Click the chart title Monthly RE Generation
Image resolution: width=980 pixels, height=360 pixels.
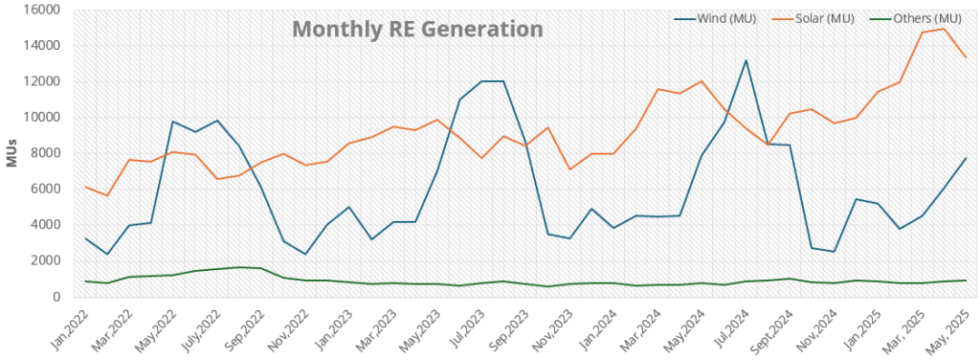pos(417,30)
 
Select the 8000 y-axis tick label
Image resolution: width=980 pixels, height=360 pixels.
pos(47,153)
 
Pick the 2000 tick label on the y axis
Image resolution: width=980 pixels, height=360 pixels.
pos(47,260)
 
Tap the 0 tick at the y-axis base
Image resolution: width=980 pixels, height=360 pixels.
pos(58,297)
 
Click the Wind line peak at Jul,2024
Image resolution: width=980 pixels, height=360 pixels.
pos(746,60)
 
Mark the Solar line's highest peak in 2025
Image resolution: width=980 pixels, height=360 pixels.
pos(945,29)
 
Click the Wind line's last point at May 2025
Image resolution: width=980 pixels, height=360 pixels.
pos(967,158)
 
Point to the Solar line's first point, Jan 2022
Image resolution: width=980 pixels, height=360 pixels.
pos(86,187)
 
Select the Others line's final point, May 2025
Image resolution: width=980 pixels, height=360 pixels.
pos(967,281)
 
